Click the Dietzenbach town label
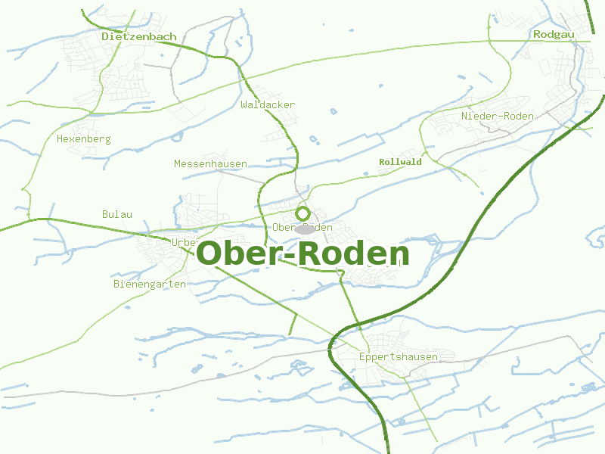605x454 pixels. [x=139, y=36]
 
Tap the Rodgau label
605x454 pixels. [x=554, y=35]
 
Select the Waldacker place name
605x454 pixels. [x=268, y=105]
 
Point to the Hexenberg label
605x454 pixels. [x=84, y=139]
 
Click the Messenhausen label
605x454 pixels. [x=210, y=164]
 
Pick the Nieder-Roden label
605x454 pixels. [x=498, y=117]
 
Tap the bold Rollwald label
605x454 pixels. [x=400, y=162]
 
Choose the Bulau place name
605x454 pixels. [x=117, y=215]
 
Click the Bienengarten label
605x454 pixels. [x=150, y=285]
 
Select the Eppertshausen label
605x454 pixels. [x=399, y=357]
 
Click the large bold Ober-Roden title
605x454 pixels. [x=302, y=254]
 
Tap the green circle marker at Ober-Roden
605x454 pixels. [x=303, y=213]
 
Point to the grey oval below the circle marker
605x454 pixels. [x=305, y=229]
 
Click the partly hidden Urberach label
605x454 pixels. [x=184, y=242]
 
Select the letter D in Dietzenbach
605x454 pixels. [x=105, y=36]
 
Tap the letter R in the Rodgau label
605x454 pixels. [x=537, y=35]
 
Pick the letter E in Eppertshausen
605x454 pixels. [x=363, y=357]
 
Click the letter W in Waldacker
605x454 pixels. [x=244, y=105]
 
